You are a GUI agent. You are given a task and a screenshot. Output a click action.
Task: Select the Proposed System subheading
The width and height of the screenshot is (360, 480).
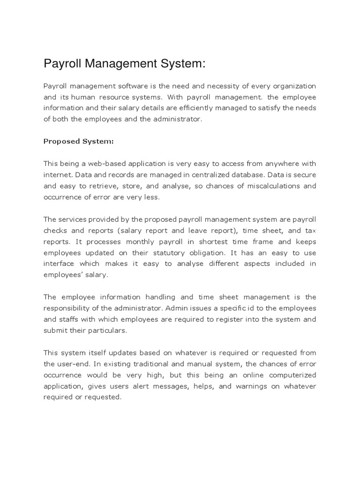point(79,141)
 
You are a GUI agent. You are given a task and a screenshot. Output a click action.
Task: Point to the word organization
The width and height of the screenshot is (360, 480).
point(292,86)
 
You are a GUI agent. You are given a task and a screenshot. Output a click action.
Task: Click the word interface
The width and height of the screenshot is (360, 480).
point(58,264)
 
